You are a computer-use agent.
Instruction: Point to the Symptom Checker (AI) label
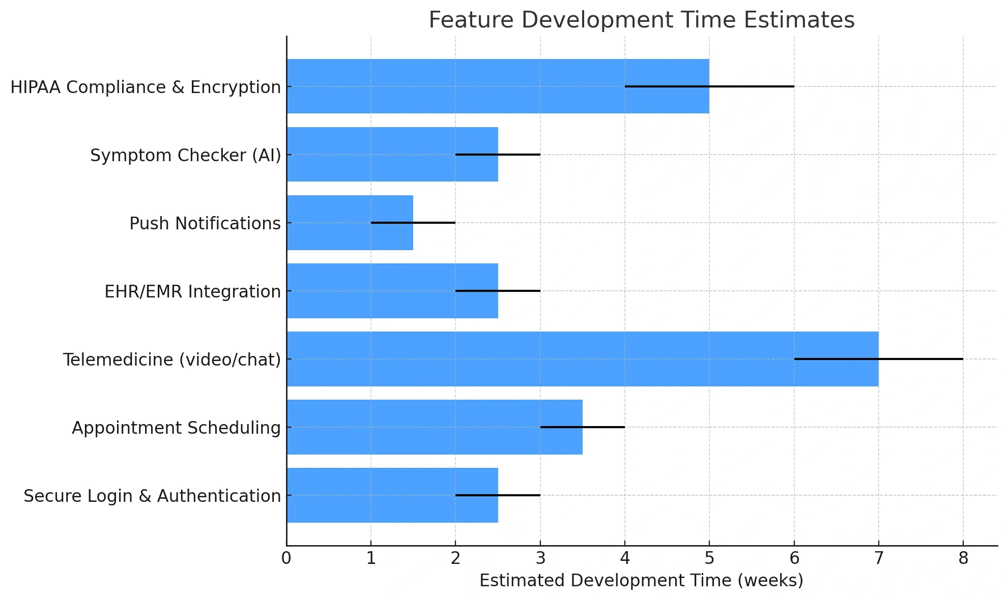pyautogui.click(x=185, y=155)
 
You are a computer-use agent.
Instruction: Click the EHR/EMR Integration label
pyautogui.click(x=192, y=291)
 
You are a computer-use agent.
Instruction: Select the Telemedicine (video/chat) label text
pyautogui.click(x=171, y=359)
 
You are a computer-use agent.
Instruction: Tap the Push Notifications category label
pyautogui.click(x=205, y=223)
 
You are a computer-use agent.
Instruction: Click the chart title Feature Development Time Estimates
pyautogui.click(x=641, y=20)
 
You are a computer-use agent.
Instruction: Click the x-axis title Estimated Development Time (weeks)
pyautogui.click(x=641, y=580)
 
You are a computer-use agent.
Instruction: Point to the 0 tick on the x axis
pyautogui.click(x=286, y=558)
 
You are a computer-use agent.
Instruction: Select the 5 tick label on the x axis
pyautogui.click(x=709, y=558)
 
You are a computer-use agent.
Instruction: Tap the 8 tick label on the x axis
pyautogui.click(x=963, y=558)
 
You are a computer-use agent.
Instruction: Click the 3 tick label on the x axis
pyautogui.click(x=540, y=558)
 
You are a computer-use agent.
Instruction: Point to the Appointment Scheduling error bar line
pyautogui.click(x=606, y=427)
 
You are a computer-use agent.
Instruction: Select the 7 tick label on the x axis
pyautogui.click(x=878, y=558)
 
